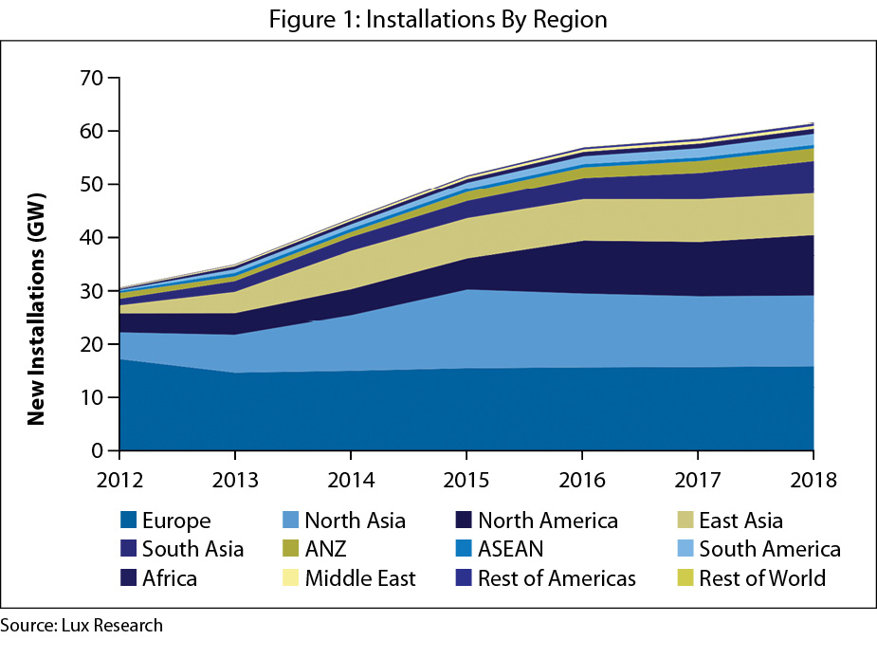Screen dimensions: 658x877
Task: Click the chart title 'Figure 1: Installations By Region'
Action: pyautogui.click(x=438, y=18)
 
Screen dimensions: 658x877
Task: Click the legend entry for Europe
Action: pyautogui.click(x=165, y=521)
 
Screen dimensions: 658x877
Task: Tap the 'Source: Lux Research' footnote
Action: pyautogui.click(x=82, y=626)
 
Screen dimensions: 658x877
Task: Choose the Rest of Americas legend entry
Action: pyautogui.click(x=546, y=578)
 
